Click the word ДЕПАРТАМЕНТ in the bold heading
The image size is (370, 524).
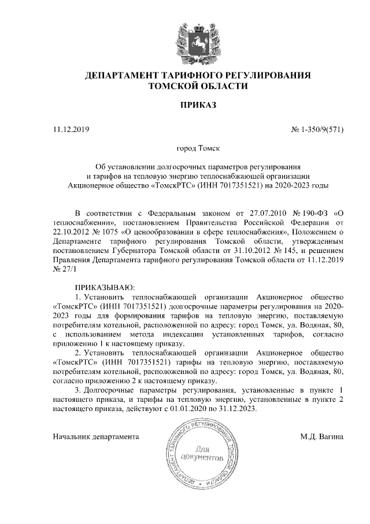click(124, 76)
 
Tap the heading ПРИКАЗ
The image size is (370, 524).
click(198, 106)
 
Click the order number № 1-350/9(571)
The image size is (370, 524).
click(316, 129)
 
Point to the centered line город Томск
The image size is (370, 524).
click(198, 149)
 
